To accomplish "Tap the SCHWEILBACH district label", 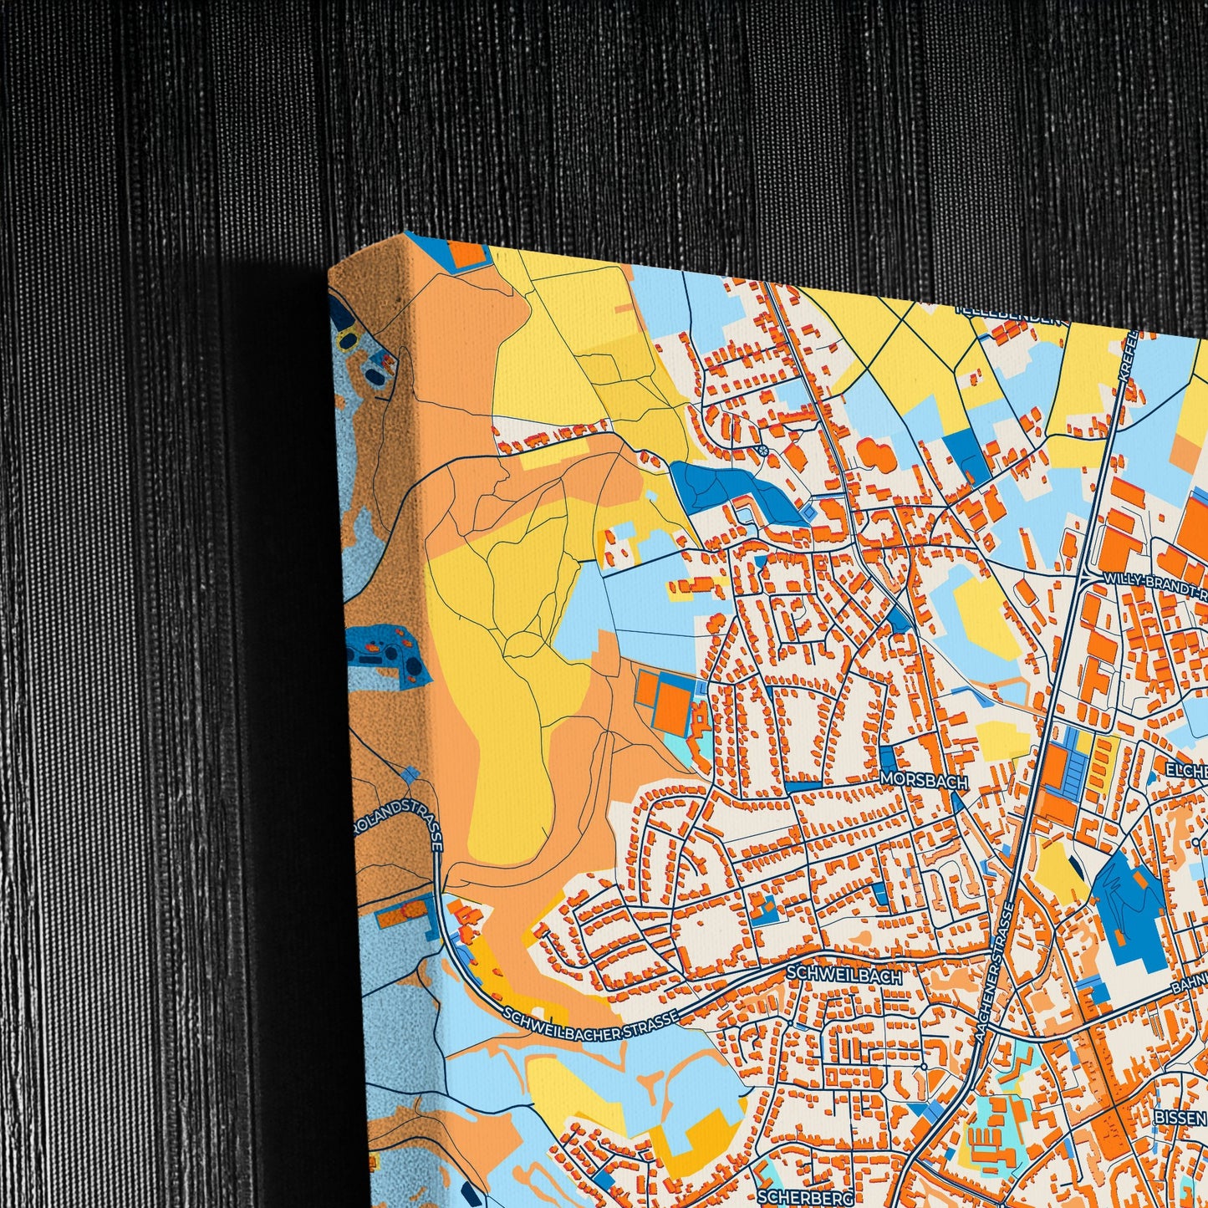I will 844,976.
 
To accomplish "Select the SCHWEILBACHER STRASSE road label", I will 590,1024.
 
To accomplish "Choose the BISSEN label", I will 1180,1117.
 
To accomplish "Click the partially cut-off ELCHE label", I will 1186,770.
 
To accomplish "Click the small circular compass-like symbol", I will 762,451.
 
